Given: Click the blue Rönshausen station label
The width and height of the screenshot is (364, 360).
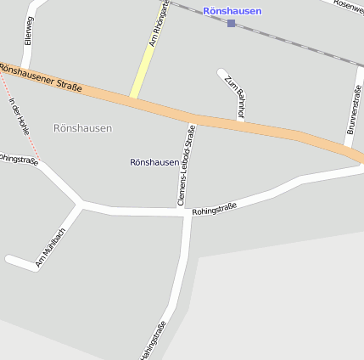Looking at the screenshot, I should (x=232, y=11).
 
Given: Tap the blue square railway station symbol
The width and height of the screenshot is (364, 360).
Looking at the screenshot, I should (x=232, y=23).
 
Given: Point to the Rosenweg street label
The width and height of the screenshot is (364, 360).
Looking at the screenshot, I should (x=348, y=4).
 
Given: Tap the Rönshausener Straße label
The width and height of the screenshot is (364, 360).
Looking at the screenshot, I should (x=41, y=76).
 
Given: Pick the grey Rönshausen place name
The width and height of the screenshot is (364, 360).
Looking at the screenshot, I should (x=82, y=128).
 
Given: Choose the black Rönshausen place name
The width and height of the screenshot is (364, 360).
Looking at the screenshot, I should (x=154, y=161).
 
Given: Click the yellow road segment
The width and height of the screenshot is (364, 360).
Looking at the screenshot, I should (x=143, y=72).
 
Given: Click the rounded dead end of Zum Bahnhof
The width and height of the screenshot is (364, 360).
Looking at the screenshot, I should (x=222, y=73).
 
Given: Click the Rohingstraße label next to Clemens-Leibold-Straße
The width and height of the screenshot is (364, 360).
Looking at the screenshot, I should (x=215, y=208).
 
